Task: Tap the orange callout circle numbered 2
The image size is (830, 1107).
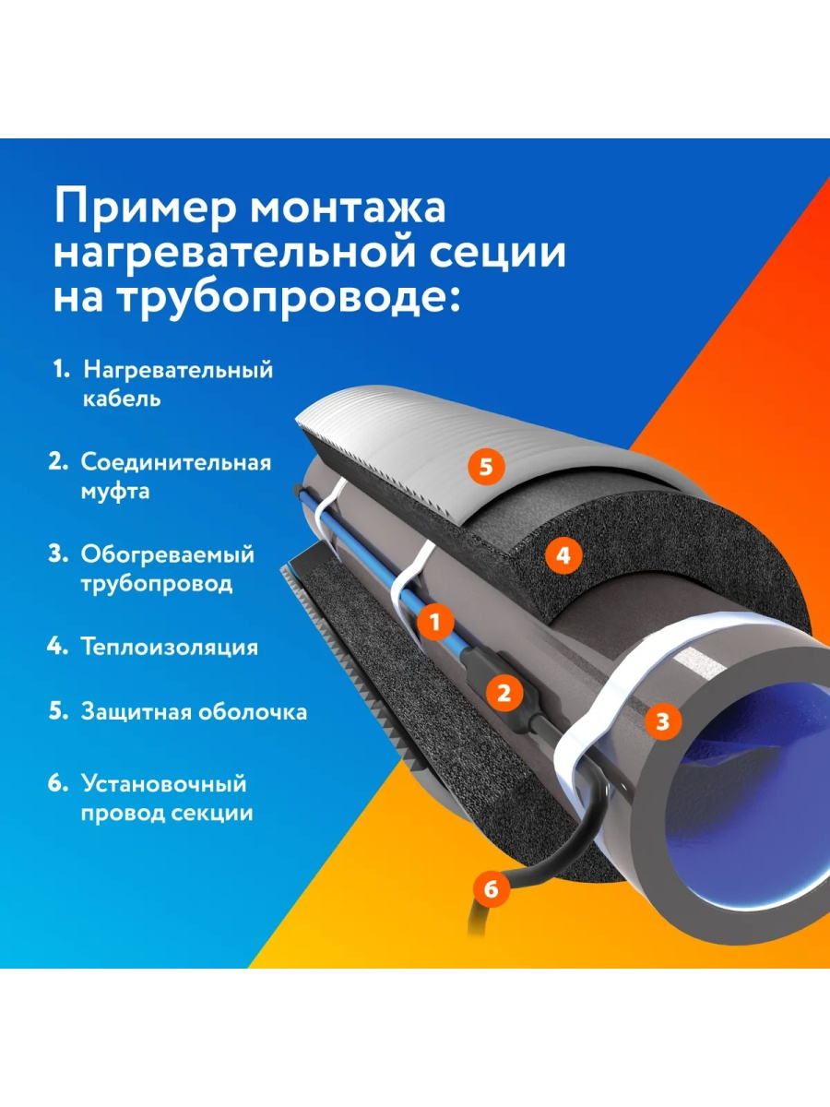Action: tap(504, 692)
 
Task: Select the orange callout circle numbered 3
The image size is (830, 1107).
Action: tap(662, 720)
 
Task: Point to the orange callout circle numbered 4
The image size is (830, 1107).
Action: tap(563, 554)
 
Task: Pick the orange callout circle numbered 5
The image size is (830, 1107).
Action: tap(486, 466)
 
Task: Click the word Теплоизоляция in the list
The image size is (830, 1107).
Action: tap(169, 647)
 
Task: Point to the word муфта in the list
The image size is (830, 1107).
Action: tap(115, 491)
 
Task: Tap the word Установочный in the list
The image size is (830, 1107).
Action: tap(164, 784)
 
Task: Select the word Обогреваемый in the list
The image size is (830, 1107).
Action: tap(167, 555)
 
